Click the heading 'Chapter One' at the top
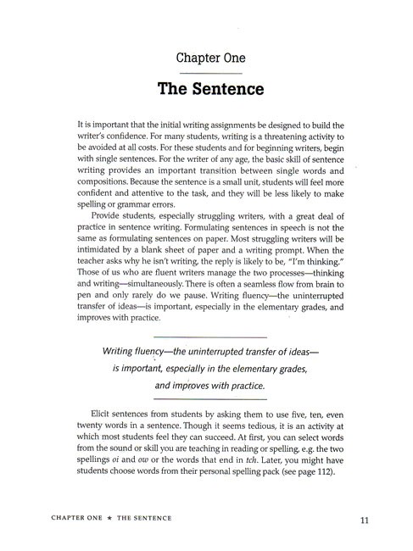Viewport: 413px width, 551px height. (x=210, y=58)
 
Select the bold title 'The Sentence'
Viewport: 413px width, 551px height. (x=210, y=88)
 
